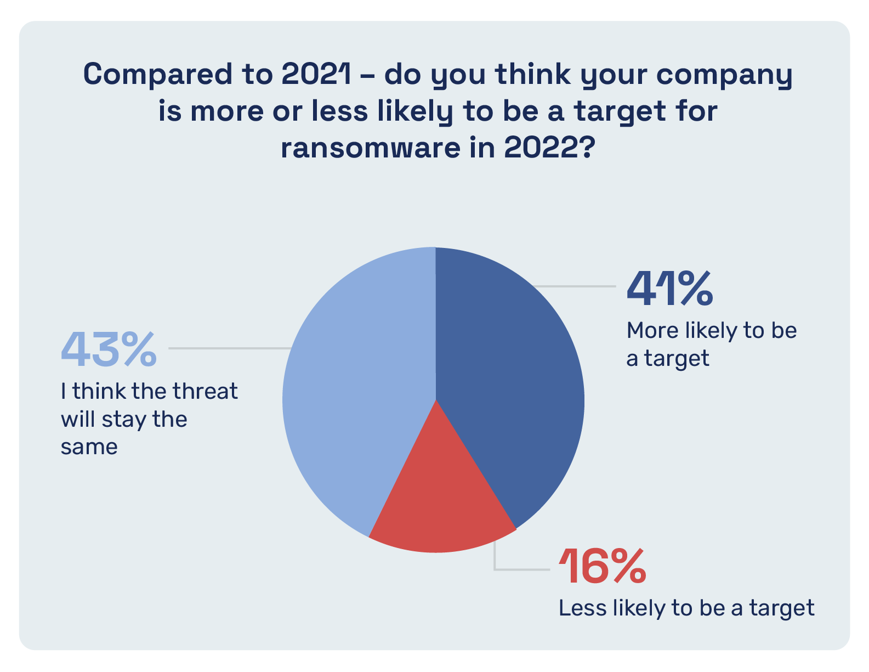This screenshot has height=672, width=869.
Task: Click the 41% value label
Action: tap(670, 288)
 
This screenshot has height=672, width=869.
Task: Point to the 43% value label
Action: tap(109, 349)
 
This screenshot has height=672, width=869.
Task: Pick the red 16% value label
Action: tap(602, 566)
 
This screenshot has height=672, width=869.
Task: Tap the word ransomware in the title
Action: tap(371, 148)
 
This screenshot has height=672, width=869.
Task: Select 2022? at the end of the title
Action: tap(549, 147)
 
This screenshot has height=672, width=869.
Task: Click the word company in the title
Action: tap(724, 76)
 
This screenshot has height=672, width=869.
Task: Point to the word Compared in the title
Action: tap(157, 75)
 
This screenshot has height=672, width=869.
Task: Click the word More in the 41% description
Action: tap(652, 331)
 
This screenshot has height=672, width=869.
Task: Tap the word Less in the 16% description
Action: tap(582, 608)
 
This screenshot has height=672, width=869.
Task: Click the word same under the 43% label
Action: tap(89, 447)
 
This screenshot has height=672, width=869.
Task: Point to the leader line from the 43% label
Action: tap(230, 348)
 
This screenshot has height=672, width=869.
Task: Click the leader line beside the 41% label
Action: tap(576, 286)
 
